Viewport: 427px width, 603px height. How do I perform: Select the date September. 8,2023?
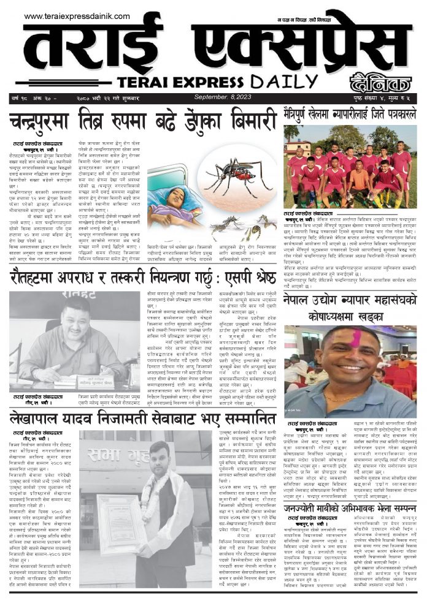point(219,97)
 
